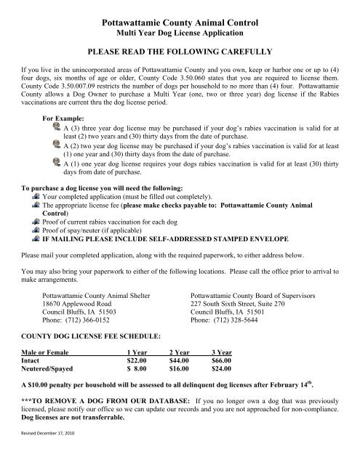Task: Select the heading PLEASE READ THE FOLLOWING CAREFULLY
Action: click(x=179, y=54)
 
